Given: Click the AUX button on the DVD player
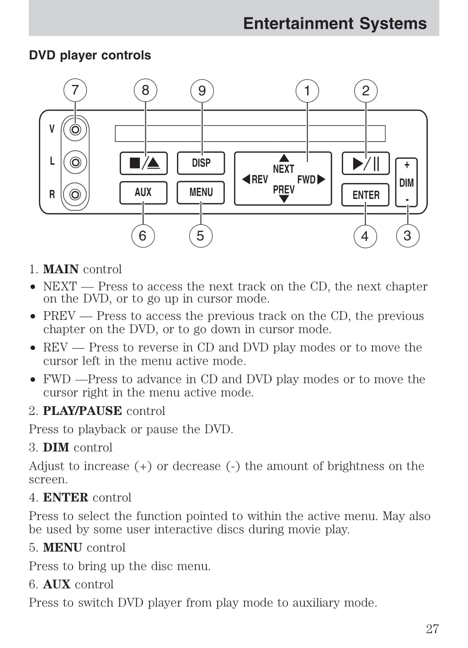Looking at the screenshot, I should point(143,192).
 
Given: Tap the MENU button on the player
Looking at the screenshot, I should point(201,192).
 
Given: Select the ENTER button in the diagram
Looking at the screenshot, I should point(366,195).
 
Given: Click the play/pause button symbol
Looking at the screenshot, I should point(366,163).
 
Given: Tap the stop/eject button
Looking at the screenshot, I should point(144,163).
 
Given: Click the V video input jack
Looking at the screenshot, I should point(75,130).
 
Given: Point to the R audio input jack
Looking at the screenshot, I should point(75,194).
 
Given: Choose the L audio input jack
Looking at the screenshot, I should point(75,162).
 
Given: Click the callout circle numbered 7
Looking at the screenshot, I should point(75,90).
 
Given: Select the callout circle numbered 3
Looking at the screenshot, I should point(407,236).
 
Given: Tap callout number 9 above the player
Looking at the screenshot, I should point(202,90).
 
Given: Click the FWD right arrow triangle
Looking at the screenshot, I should point(321,179).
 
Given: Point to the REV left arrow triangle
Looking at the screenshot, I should point(246,179).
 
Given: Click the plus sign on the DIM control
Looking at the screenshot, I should point(407,165).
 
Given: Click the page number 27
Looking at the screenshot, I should point(432,629).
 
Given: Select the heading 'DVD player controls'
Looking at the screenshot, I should point(90,55).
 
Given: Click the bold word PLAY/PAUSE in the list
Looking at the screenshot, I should point(82,411).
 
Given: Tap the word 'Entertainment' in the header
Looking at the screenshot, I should point(298,23).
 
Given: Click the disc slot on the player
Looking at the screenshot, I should point(250,133).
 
